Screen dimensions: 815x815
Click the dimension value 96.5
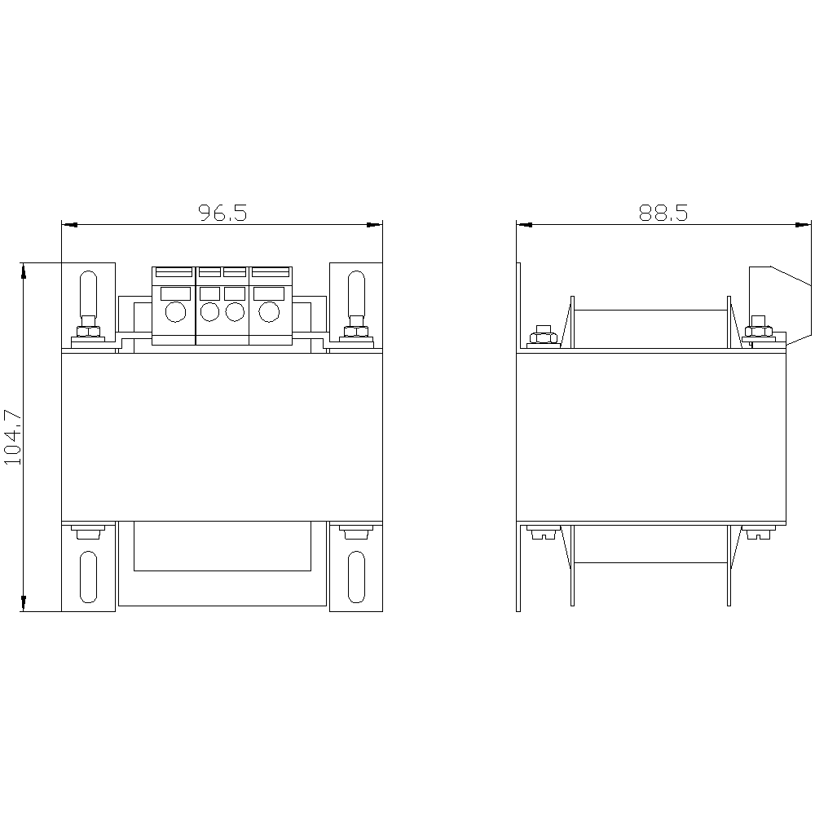(222, 213)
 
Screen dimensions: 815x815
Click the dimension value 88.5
(663, 213)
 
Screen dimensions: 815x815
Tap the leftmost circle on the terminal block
(175, 312)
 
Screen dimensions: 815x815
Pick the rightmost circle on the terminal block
(269, 312)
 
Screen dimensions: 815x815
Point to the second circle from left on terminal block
(209, 312)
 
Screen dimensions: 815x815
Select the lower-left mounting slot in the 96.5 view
(88, 577)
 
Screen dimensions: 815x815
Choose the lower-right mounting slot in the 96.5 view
(356, 577)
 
